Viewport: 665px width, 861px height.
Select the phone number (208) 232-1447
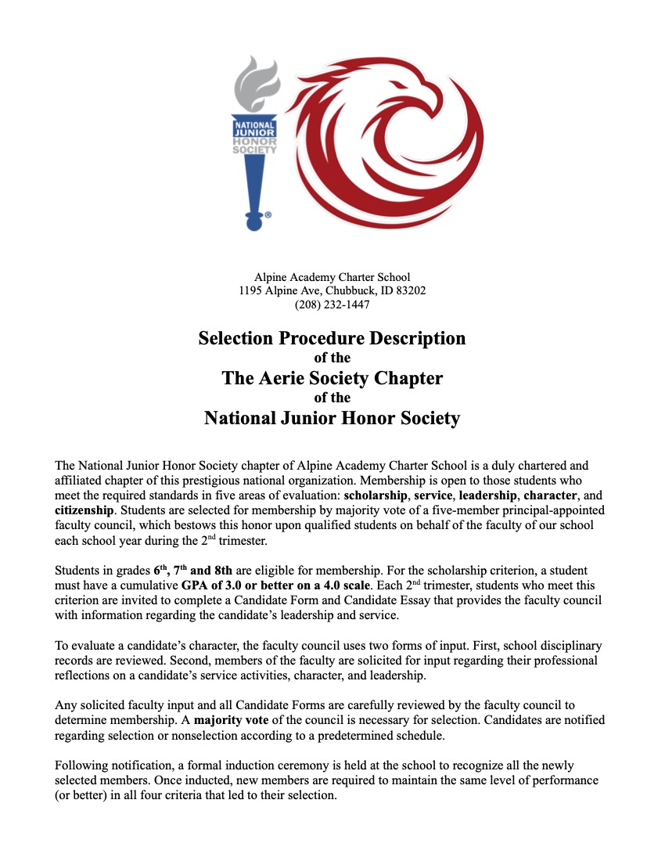tap(332, 304)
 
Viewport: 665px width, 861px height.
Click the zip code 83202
tap(409, 290)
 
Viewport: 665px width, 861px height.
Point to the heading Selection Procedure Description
tap(332, 338)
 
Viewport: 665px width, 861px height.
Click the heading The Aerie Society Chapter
tap(332, 378)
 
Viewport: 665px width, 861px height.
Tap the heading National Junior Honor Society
tap(332, 418)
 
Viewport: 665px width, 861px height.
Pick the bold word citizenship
tap(85, 510)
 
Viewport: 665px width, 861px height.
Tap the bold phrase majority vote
tap(229, 719)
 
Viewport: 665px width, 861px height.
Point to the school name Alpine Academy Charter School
tap(332, 276)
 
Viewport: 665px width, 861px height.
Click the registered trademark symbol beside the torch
tap(268, 214)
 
